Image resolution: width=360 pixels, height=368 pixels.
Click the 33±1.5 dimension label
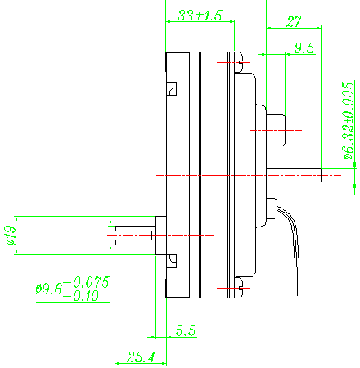(200, 16)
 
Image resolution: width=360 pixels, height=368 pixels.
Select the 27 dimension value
(294, 22)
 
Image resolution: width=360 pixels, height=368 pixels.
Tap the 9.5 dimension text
(304, 48)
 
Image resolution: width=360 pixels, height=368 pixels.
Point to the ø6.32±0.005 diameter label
(349, 120)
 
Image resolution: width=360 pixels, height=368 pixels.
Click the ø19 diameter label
(11, 236)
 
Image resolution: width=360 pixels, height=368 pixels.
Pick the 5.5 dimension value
(186, 330)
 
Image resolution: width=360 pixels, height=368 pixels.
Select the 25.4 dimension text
(141, 357)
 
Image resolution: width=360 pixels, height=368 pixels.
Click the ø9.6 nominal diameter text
(49, 289)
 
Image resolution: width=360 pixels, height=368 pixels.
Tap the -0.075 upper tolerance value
(87, 282)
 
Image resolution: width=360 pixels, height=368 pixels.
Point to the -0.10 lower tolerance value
(81, 296)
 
